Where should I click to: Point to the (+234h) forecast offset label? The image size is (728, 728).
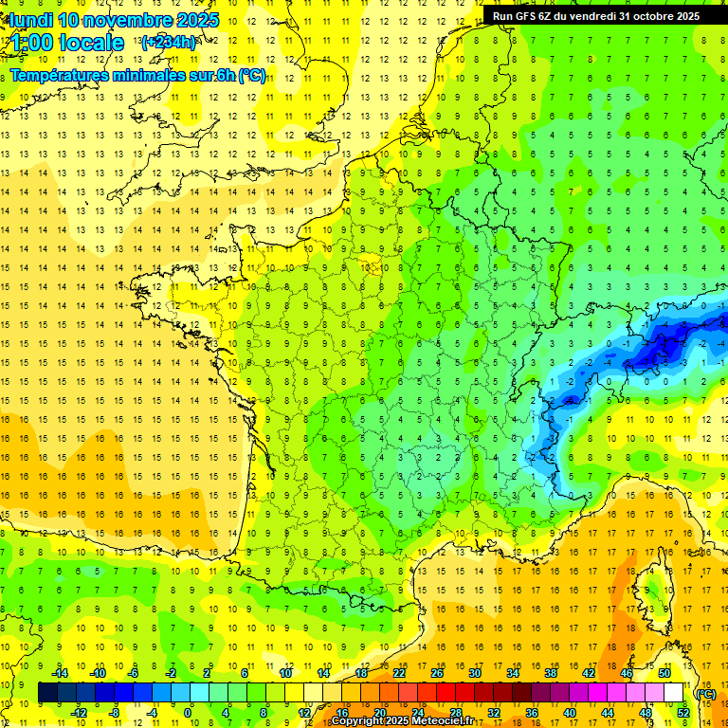(168, 42)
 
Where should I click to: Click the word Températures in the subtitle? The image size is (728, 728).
(65, 75)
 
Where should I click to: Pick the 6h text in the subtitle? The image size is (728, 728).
(225, 75)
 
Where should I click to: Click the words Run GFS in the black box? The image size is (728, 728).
(516, 15)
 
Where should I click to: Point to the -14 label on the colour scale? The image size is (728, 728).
(61, 673)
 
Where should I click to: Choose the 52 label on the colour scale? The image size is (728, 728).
(683, 712)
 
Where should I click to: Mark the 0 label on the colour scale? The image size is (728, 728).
(188, 712)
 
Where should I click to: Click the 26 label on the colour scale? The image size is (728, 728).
(436, 673)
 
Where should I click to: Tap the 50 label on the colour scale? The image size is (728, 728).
(664, 673)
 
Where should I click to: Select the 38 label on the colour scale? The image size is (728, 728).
(551, 673)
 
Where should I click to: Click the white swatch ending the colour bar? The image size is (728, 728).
(674, 692)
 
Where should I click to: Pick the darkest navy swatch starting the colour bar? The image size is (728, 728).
(47, 692)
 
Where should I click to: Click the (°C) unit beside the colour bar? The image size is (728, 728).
(705, 693)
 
